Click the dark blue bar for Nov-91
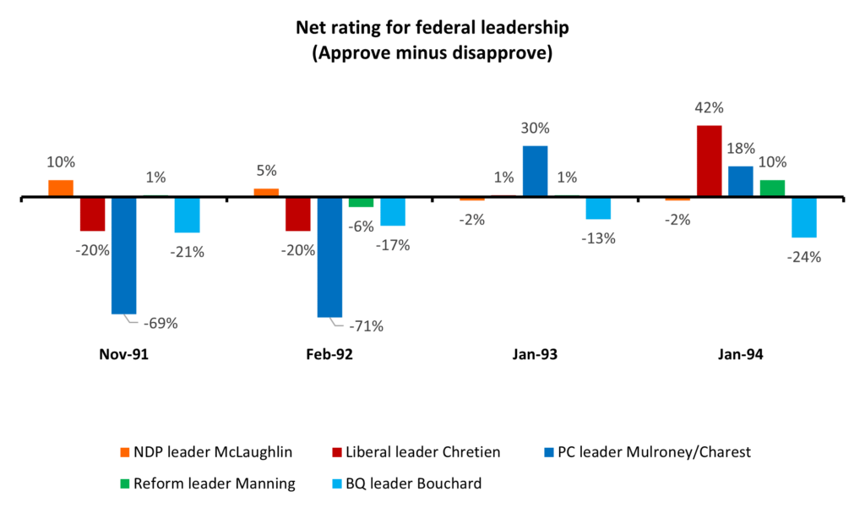coord(123,255)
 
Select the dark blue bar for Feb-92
coord(329,257)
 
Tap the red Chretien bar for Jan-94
coord(709,161)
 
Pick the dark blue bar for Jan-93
coord(535,172)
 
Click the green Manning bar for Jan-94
coord(772,188)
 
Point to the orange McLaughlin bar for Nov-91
coord(61,188)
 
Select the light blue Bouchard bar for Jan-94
coord(804,217)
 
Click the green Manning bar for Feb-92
coord(361,202)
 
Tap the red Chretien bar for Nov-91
coord(92,214)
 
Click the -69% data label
coord(160,324)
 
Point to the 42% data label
coord(709,107)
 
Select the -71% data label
coord(366,326)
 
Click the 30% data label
coord(535,128)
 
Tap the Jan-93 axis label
coord(535,354)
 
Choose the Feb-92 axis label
coord(329,354)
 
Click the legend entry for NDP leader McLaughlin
coord(206,452)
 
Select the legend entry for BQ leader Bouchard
coord(407,483)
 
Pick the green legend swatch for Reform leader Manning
coord(125,484)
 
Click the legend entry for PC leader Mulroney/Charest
coord(648,452)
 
